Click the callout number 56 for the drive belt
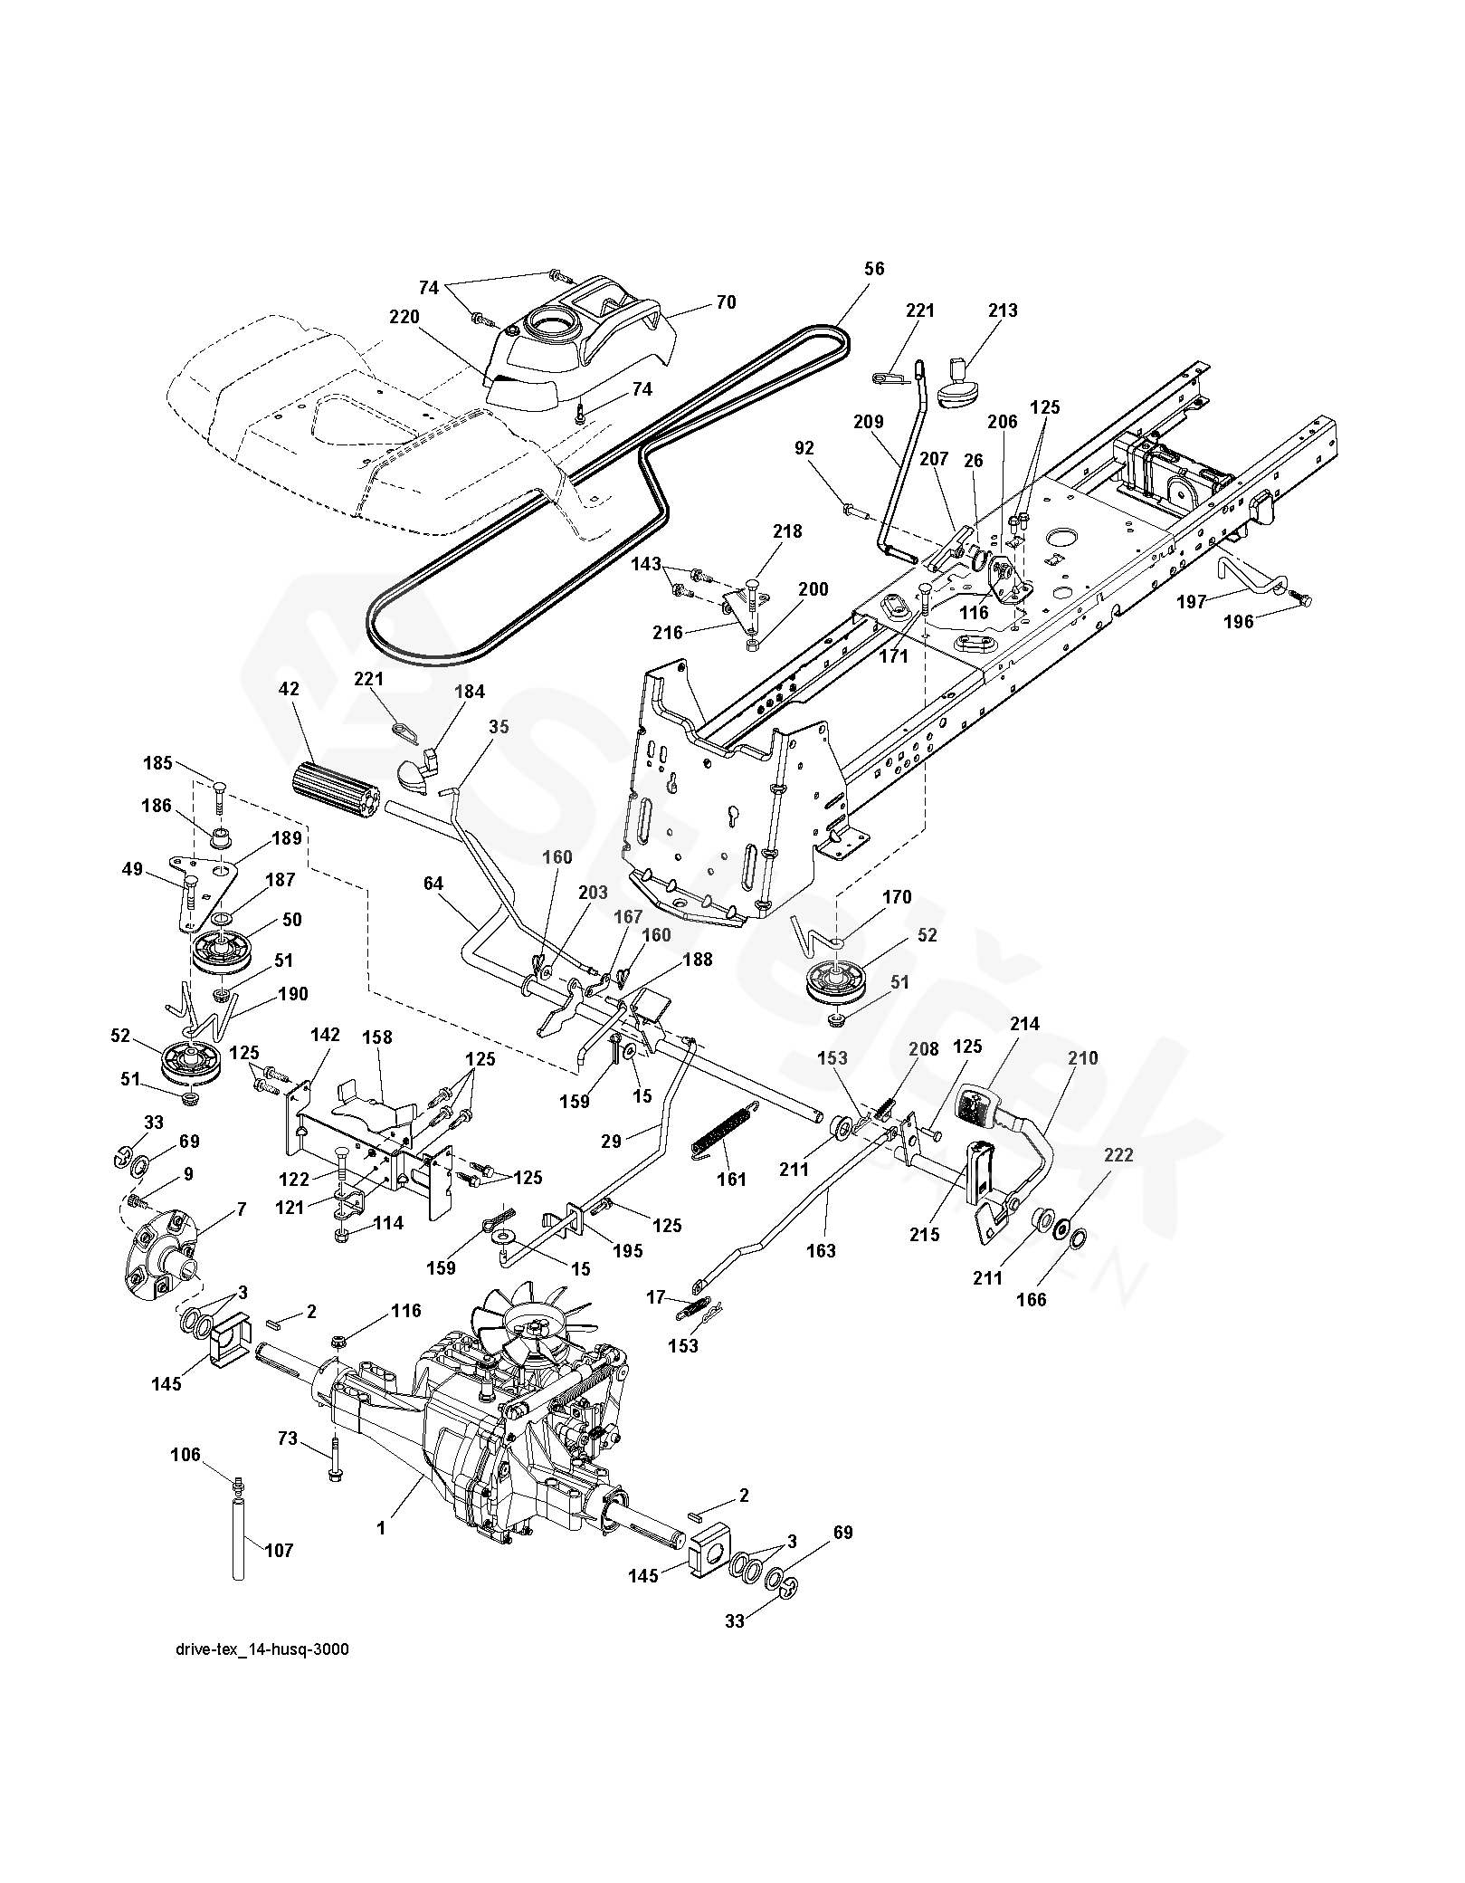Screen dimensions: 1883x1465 874,269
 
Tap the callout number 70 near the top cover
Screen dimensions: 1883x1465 727,302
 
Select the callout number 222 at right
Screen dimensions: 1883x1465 1118,1156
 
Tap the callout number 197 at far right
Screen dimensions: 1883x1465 1191,601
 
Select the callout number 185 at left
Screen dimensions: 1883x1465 157,762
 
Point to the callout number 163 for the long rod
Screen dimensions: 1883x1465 822,1251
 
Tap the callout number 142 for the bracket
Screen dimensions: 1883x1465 325,1035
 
